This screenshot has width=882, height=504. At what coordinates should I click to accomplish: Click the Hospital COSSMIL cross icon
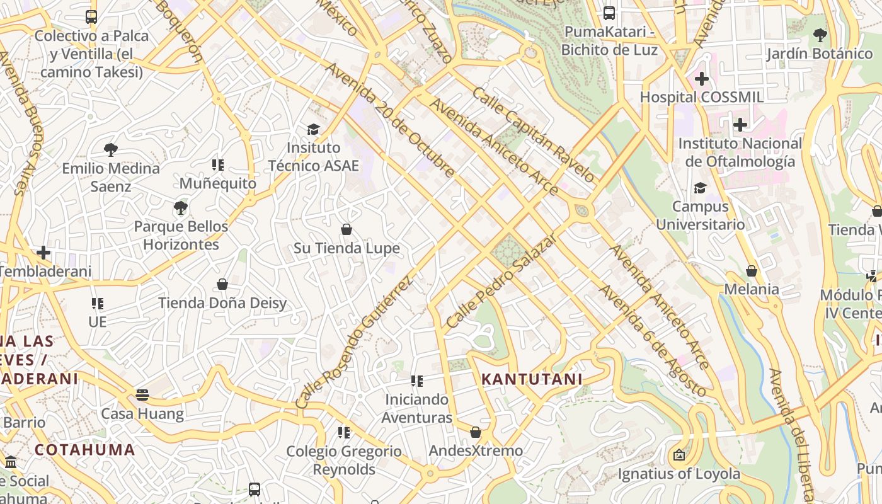[x=701, y=79]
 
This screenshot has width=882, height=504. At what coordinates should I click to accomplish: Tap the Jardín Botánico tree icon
[x=820, y=35]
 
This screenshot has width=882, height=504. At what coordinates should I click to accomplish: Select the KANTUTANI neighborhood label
[x=532, y=379]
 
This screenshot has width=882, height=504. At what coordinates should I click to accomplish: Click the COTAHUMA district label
[x=85, y=450]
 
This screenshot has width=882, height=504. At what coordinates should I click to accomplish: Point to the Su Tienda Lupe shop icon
[x=346, y=229]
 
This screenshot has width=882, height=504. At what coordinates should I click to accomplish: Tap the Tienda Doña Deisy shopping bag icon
[x=222, y=284]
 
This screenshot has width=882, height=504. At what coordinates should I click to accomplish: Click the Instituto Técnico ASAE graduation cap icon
[x=313, y=129]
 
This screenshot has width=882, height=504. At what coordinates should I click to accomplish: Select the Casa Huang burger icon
[x=142, y=395]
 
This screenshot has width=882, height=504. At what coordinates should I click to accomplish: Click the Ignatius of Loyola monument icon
[x=679, y=455]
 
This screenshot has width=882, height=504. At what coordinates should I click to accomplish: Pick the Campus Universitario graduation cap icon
[x=700, y=188]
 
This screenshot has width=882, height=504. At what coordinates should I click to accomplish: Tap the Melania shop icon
[x=751, y=271]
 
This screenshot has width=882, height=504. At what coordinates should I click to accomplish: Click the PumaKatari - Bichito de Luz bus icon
[x=609, y=13]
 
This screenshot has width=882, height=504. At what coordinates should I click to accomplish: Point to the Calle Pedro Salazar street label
[x=501, y=281]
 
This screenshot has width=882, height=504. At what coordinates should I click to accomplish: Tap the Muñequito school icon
[x=218, y=165]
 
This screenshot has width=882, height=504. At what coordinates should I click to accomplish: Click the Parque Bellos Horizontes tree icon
[x=181, y=207]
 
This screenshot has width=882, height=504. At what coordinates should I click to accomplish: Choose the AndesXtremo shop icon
[x=476, y=432]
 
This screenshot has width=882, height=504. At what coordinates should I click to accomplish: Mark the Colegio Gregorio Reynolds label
[x=344, y=461]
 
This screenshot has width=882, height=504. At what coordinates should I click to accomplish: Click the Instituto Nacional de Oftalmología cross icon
[x=740, y=124]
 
